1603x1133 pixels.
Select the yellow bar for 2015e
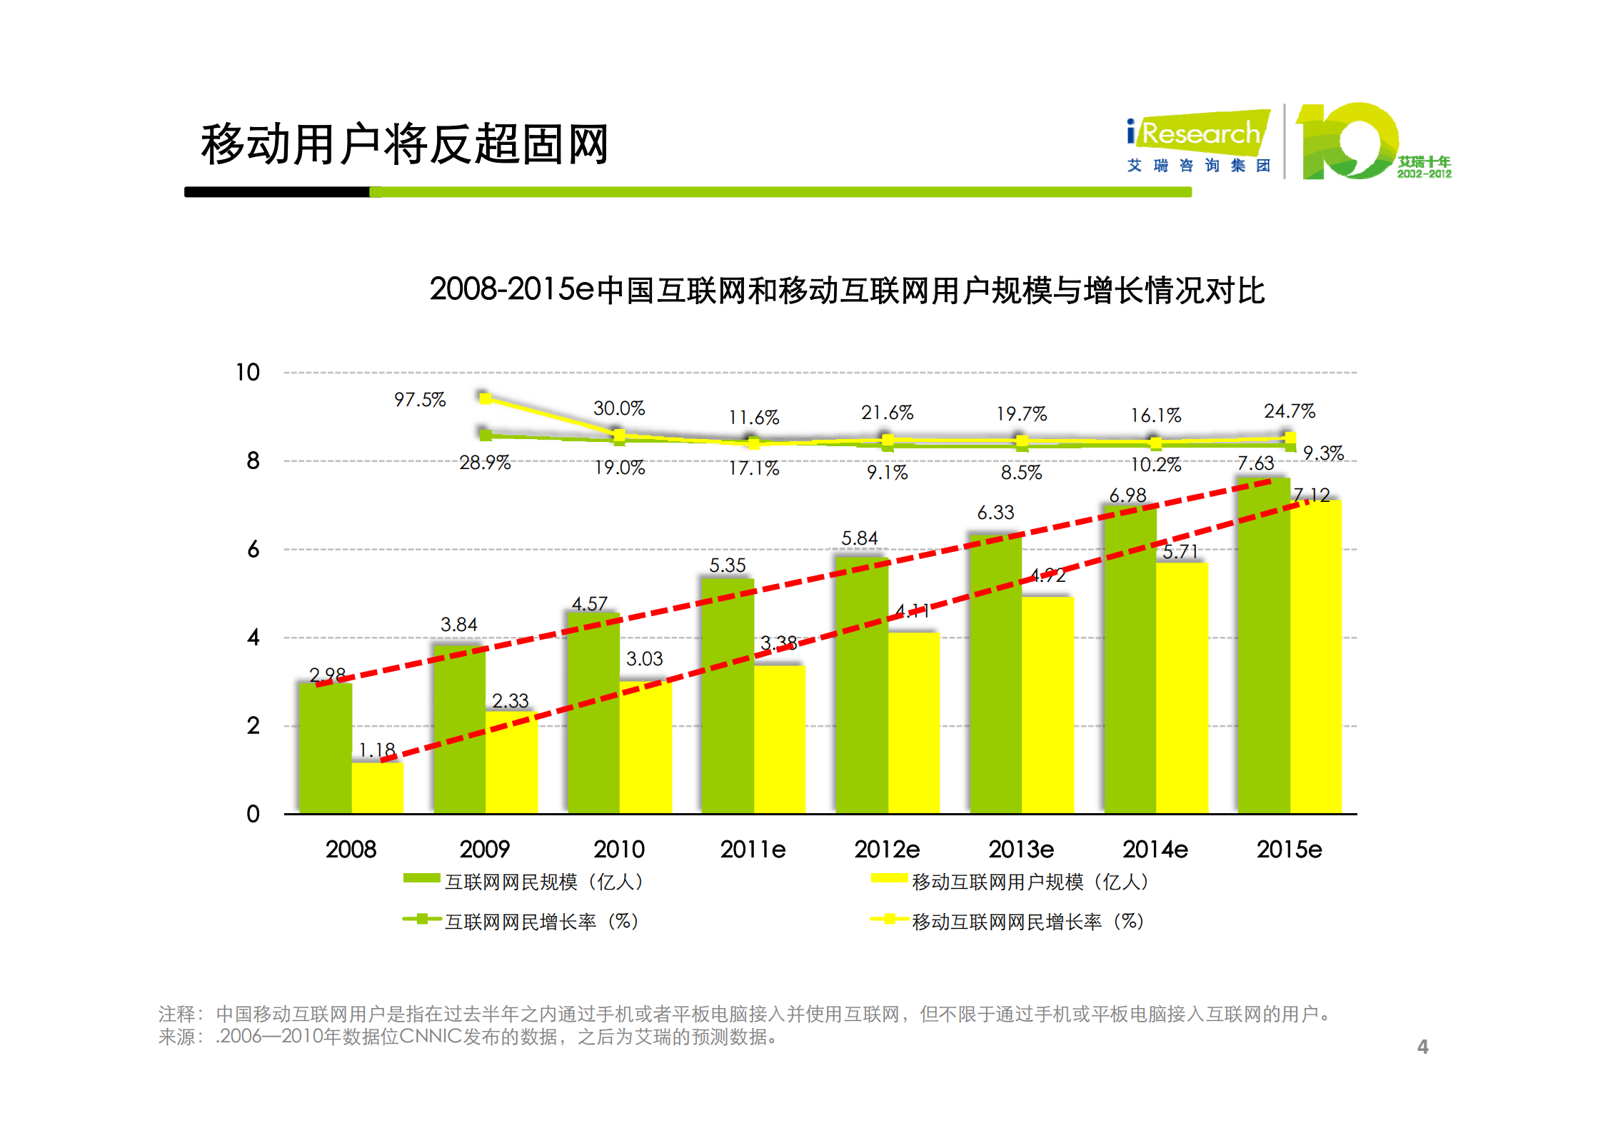[x=1315, y=657]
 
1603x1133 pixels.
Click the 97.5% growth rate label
[x=420, y=400]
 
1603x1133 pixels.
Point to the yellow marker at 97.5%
[x=485, y=398]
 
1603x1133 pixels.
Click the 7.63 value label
[x=1255, y=463]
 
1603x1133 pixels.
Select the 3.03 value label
[x=644, y=659]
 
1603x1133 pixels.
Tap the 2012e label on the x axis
[x=887, y=850]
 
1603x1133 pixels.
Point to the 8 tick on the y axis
[x=253, y=461]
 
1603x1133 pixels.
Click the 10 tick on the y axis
[x=247, y=373]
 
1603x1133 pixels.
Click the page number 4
[x=1422, y=1047]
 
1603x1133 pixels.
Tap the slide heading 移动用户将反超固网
[x=404, y=145]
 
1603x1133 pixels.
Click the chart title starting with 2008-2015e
[x=847, y=291]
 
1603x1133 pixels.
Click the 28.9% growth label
[x=485, y=463]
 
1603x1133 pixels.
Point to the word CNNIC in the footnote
[x=431, y=1037]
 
